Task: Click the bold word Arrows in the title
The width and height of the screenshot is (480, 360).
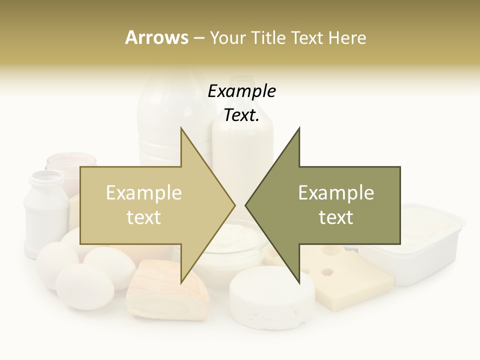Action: (x=156, y=37)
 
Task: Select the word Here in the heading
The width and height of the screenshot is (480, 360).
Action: (x=347, y=38)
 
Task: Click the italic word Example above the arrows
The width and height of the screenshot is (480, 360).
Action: (x=241, y=91)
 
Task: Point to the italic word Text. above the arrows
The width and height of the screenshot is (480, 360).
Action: (x=241, y=115)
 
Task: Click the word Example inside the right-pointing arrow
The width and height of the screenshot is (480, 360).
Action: (x=144, y=192)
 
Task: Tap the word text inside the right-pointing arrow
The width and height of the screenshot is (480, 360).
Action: (x=144, y=217)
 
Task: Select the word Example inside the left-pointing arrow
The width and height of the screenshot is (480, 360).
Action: (x=336, y=192)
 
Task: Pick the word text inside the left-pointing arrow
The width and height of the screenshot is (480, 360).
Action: (x=336, y=217)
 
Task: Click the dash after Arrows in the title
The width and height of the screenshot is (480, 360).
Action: (x=198, y=38)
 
